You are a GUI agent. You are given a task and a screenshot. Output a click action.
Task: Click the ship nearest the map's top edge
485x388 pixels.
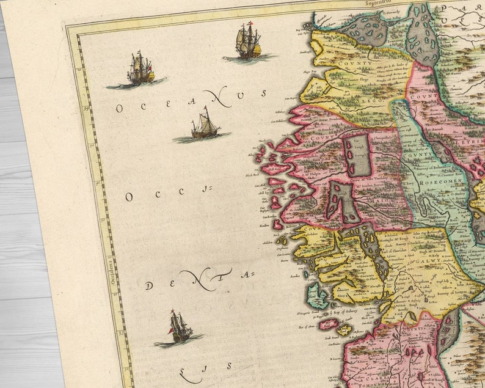click(247, 42)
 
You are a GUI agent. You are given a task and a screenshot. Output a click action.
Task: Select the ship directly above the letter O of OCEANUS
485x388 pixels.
click(140, 68)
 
